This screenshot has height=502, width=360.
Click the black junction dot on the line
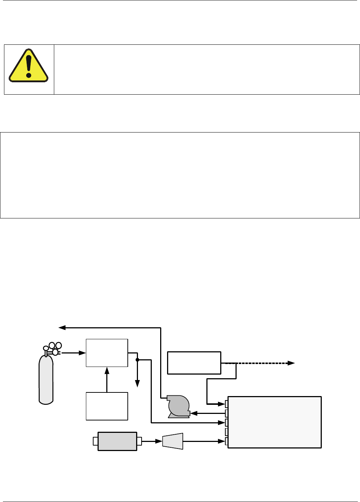tap(137, 360)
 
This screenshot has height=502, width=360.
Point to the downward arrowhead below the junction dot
tap(137, 384)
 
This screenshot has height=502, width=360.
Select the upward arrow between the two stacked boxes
tap(107, 379)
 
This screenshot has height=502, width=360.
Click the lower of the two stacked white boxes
tap(107, 406)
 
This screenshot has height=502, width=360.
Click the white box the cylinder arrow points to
tap(107, 353)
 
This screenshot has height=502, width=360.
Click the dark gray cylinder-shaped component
tap(117, 441)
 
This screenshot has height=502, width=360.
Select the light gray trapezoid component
tap(173, 441)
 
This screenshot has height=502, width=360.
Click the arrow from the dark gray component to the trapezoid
tap(152, 441)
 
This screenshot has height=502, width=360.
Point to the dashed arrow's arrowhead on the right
tap(291, 363)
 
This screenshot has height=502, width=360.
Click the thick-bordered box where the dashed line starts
tap(194, 363)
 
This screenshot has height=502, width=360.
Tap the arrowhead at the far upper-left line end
tap(62, 328)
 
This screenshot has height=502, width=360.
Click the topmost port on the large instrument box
tap(226, 404)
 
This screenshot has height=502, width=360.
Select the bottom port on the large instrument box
tap(226, 441)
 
